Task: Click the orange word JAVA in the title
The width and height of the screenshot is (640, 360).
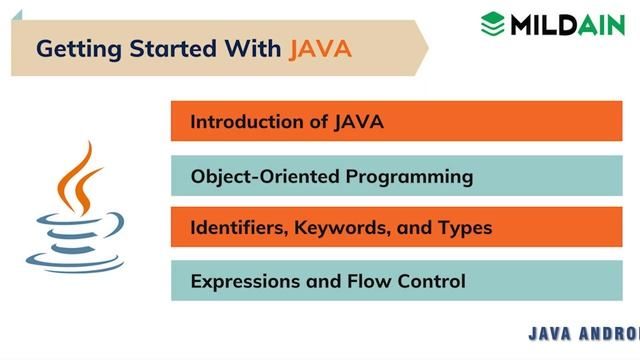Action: (320, 47)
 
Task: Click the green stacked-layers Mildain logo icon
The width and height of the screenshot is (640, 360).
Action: (491, 22)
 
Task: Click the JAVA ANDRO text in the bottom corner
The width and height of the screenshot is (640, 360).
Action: (583, 334)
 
